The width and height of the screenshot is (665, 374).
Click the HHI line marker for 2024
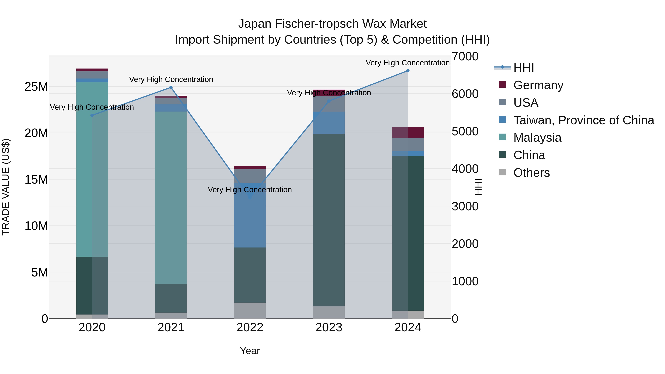click(x=408, y=71)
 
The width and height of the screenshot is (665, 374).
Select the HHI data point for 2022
click(x=250, y=197)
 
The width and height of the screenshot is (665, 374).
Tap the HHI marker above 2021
click(x=171, y=88)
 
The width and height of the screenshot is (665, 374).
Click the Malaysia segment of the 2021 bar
click(x=171, y=197)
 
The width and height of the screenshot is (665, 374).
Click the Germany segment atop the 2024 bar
click(x=408, y=132)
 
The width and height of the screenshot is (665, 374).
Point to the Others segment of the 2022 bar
click(x=250, y=310)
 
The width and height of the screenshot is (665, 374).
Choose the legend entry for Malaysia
click(x=537, y=138)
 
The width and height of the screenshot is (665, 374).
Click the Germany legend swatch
click(x=502, y=85)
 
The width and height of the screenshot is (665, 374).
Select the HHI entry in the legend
click(x=524, y=68)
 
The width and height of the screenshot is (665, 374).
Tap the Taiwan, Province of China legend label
click(x=583, y=120)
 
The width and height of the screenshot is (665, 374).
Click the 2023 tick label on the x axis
click(x=329, y=327)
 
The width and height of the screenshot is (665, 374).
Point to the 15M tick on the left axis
click(x=36, y=179)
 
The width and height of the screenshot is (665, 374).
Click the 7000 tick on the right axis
click(x=465, y=57)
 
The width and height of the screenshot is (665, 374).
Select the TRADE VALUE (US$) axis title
click(x=6, y=187)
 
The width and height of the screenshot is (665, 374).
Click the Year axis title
click(x=250, y=351)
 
